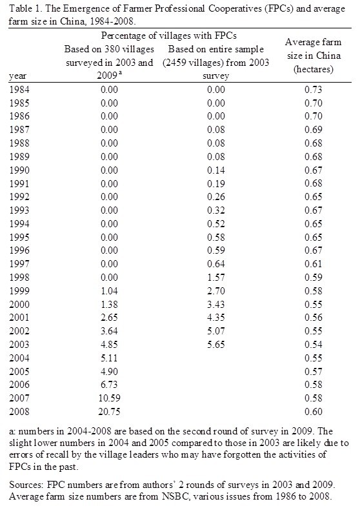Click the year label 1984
[x=19, y=90]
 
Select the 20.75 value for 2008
[x=109, y=412]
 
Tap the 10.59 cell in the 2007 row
[x=109, y=398]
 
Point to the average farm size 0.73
[x=313, y=90]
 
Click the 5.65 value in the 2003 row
[x=216, y=345]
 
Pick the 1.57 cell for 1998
[x=216, y=278]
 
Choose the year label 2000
[x=19, y=305]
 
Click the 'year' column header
[x=17, y=76]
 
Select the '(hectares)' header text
[x=313, y=69]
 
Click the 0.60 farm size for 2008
[x=313, y=412]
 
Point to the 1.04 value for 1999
[x=109, y=291]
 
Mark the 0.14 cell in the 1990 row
[x=216, y=170]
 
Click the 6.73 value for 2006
[x=109, y=385]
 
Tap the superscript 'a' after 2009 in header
[x=121, y=74]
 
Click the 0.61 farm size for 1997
[x=313, y=264]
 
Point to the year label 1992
[x=19, y=197]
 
